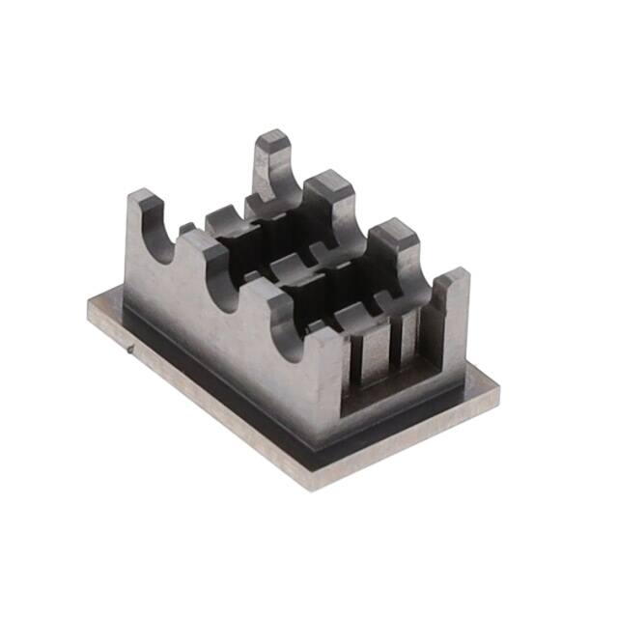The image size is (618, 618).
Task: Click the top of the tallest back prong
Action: coord(273,139)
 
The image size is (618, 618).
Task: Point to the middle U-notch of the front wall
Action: coord(236,285)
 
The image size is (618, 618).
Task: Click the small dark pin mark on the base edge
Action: coord(131,350)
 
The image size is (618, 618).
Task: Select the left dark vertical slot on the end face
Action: coord(361,361)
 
